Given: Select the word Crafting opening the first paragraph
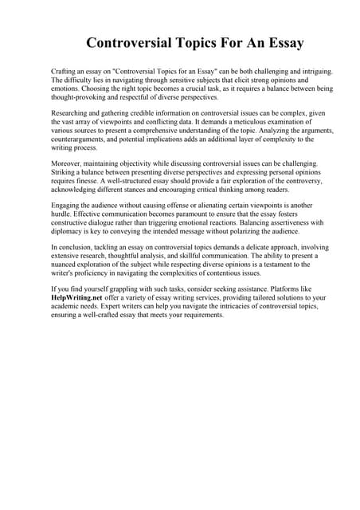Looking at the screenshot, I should click(65, 71).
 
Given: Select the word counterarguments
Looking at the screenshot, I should click(81, 139).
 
